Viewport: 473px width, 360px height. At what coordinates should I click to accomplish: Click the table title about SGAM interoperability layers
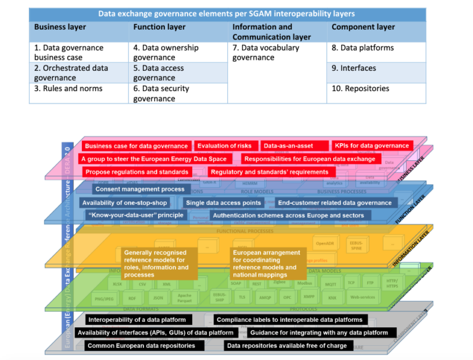point(227,14)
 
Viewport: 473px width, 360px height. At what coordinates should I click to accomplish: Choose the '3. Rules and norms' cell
point(68,88)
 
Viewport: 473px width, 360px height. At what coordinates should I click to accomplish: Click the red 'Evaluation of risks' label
point(224,146)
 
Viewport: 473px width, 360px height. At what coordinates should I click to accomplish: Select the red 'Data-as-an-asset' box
point(288,146)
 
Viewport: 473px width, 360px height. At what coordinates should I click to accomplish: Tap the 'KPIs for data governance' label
point(371,146)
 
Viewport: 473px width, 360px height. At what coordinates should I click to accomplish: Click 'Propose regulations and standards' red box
point(137,172)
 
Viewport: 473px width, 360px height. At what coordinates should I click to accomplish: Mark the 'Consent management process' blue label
point(140,189)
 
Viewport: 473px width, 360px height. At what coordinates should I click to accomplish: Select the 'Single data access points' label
point(224,202)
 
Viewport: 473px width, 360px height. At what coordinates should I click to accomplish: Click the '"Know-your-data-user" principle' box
point(135,215)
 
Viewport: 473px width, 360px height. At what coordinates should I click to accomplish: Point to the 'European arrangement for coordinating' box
point(266,263)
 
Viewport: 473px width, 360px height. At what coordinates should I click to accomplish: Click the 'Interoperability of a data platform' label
point(138,320)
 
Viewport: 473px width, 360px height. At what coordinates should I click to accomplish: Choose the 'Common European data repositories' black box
point(142,346)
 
